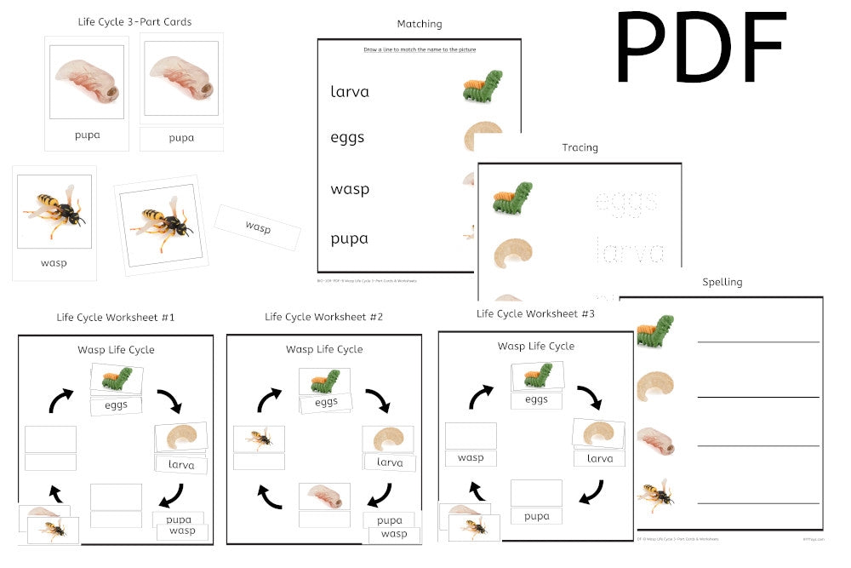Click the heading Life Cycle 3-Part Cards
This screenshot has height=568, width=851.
click(x=134, y=21)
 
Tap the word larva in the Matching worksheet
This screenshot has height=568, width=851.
click(x=350, y=92)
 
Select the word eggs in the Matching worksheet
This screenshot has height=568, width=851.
click(x=347, y=137)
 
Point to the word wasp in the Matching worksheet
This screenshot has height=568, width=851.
click(x=350, y=189)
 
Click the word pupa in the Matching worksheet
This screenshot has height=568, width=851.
click(x=349, y=238)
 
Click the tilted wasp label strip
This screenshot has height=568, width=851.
click(x=258, y=227)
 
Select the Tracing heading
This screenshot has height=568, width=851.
click(x=580, y=147)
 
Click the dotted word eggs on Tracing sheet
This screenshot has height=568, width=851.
click(x=626, y=202)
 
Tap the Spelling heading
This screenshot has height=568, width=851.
click(x=722, y=282)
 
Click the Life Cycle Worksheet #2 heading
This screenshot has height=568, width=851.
click(x=323, y=317)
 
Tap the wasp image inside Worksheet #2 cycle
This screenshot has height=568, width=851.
click(x=259, y=439)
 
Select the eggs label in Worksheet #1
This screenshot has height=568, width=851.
click(x=116, y=405)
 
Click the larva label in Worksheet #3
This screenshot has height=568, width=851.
click(x=599, y=458)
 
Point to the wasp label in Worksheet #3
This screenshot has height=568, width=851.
click(x=471, y=458)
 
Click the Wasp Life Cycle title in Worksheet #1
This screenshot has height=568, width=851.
click(x=116, y=349)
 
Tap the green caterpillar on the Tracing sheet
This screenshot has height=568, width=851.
click(x=513, y=199)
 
